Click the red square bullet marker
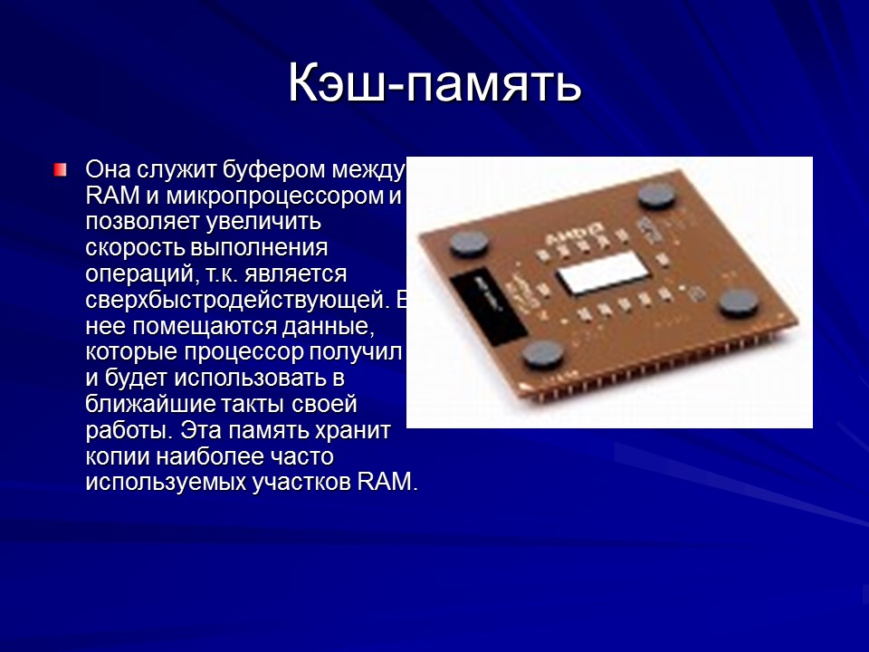pyautogui.click(x=60, y=169)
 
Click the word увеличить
pyautogui.click(x=269, y=222)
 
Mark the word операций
pyautogui.click(x=133, y=273)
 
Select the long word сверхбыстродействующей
pyautogui.click(x=236, y=299)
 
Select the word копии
pyautogui.click(x=118, y=455)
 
